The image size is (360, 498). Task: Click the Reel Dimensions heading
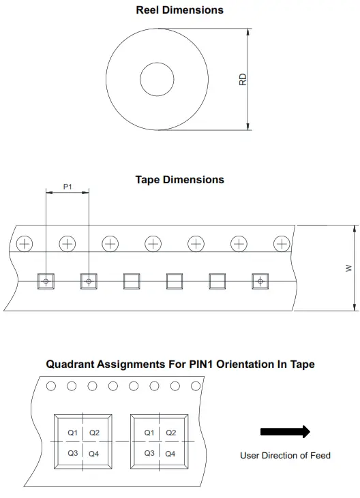[x=179, y=10]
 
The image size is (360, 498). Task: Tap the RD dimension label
[x=242, y=79]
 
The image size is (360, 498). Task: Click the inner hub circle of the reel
[x=156, y=78]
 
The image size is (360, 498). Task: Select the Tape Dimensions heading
[x=179, y=180]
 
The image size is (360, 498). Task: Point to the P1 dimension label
[x=67, y=186]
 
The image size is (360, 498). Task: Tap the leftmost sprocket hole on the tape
[x=25, y=243]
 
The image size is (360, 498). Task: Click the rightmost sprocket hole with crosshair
[x=281, y=243]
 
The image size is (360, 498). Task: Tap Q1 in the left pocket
[x=73, y=433]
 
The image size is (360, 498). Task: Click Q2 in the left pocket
[x=94, y=433]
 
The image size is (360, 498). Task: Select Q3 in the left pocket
[x=73, y=453]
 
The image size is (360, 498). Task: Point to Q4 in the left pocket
[x=94, y=453]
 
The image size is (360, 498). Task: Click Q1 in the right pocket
[x=149, y=433]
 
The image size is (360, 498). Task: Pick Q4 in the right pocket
[x=170, y=453]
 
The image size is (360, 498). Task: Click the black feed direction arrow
[x=285, y=431]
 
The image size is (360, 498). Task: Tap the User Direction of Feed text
[x=285, y=455]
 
